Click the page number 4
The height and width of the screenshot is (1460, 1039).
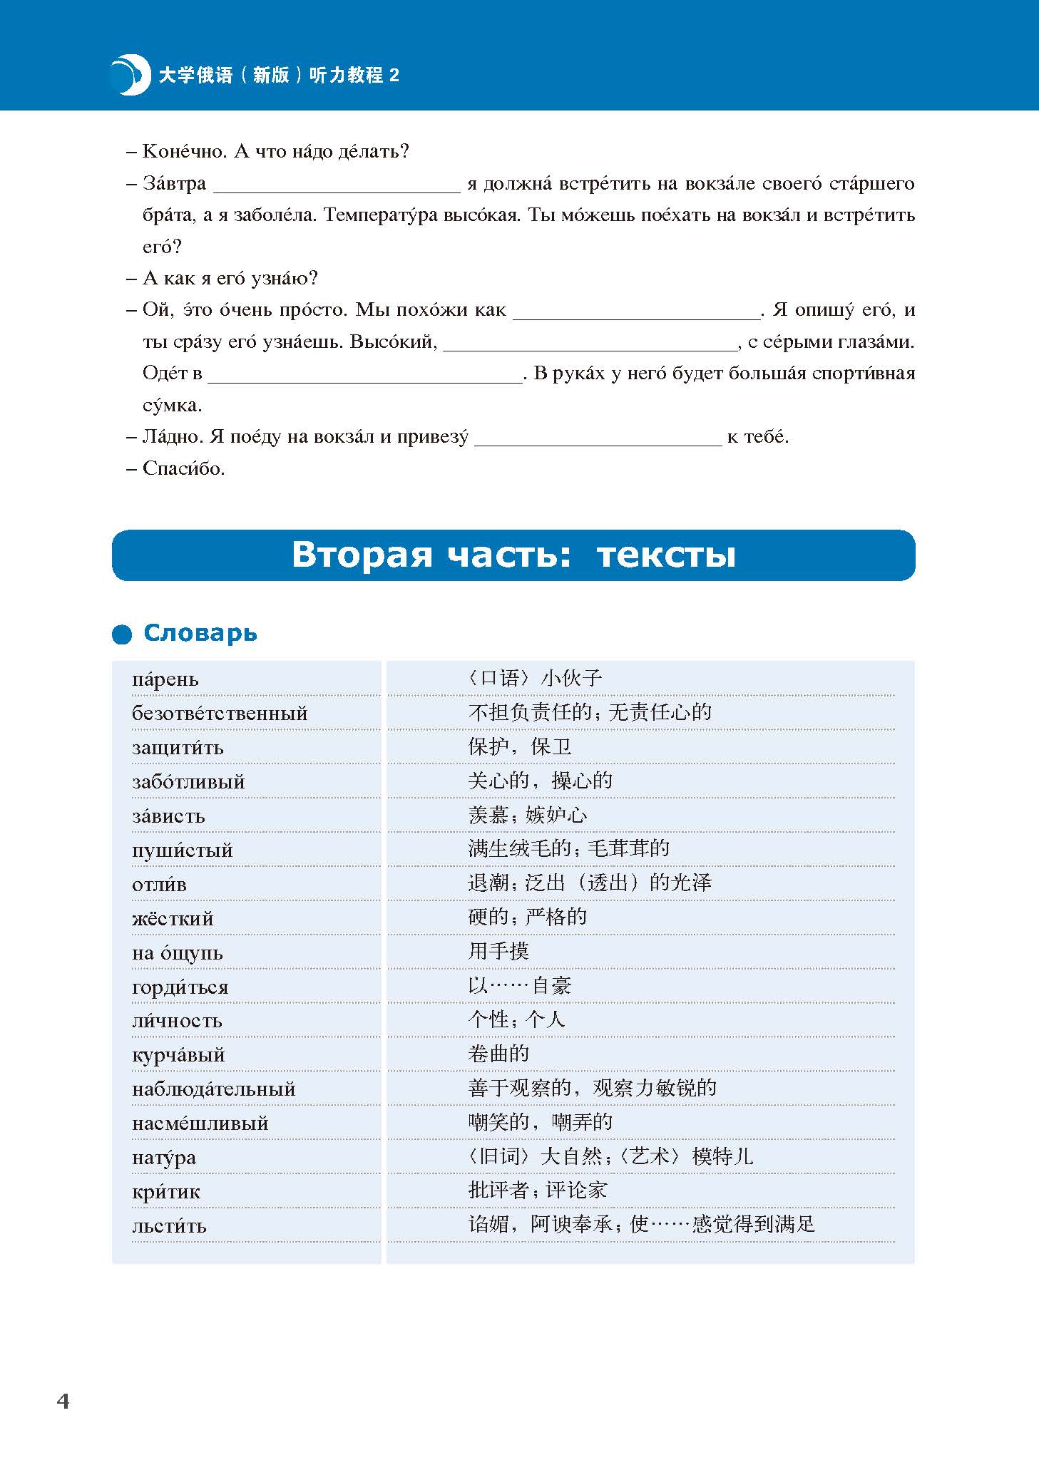tap(63, 1401)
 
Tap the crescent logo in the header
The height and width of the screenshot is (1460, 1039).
tap(130, 74)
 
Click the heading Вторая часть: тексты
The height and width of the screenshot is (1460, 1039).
tap(513, 555)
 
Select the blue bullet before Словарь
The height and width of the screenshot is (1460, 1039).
tap(122, 634)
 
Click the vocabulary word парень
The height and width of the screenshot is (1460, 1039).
tap(165, 679)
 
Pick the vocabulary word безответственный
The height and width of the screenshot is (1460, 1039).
tap(220, 713)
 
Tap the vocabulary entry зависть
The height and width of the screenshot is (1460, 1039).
tap(168, 816)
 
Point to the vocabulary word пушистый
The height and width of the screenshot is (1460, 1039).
tap(182, 850)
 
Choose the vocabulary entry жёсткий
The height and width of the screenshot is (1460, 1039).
tap(173, 918)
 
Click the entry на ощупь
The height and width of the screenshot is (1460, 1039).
tap(177, 952)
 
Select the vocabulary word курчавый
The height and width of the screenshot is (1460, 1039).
tap(178, 1054)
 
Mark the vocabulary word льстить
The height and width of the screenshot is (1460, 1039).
tap(169, 1225)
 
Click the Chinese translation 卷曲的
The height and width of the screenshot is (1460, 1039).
tap(498, 1053)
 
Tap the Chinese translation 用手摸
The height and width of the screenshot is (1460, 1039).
tap(498, 950)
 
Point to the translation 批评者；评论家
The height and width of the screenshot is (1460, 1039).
tap(538, 1190)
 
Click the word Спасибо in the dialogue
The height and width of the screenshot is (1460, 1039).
tap(183, 468)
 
